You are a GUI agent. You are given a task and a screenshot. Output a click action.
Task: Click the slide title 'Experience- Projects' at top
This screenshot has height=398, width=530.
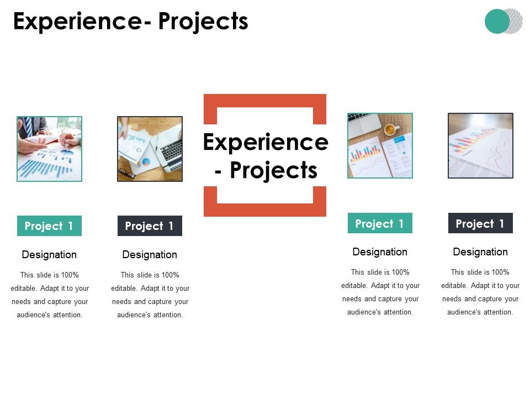tap(130, 22)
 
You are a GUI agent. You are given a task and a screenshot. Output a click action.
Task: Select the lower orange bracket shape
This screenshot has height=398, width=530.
tap(265, 208)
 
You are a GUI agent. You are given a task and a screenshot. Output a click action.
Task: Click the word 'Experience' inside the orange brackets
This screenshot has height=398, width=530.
tap(265, 143)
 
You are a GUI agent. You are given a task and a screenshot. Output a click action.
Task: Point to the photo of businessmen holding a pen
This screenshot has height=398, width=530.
tap(49, 149)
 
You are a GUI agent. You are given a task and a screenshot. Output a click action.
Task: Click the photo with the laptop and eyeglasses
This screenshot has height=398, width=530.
tap(150, 149)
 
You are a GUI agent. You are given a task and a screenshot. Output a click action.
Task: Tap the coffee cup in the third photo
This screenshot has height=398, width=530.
tap(390, 129)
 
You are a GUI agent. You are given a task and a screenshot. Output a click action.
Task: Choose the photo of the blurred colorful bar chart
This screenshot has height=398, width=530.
tap(480, 145)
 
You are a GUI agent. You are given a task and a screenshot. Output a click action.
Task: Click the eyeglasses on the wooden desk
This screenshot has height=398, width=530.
tap(126, 173)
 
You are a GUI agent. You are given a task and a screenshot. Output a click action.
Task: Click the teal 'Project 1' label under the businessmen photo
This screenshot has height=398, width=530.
tap(49, 226)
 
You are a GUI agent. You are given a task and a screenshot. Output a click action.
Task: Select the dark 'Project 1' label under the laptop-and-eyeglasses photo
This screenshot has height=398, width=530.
tap(150, 226)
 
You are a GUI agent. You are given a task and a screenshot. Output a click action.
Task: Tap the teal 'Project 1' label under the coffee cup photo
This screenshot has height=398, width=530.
tap(380, 223)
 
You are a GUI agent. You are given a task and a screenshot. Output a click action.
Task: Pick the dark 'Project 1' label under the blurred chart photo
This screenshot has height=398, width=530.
tap(480, 223)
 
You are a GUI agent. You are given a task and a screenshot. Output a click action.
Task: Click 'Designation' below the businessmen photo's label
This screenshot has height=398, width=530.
tap(49, 255)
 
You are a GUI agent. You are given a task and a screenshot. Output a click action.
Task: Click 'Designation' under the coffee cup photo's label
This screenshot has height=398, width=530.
tap(380, 252)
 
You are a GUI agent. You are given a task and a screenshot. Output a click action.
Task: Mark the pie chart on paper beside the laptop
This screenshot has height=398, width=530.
tap(146, 162)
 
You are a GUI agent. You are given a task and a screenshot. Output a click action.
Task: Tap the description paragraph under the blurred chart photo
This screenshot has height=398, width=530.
tap(480, 292)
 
